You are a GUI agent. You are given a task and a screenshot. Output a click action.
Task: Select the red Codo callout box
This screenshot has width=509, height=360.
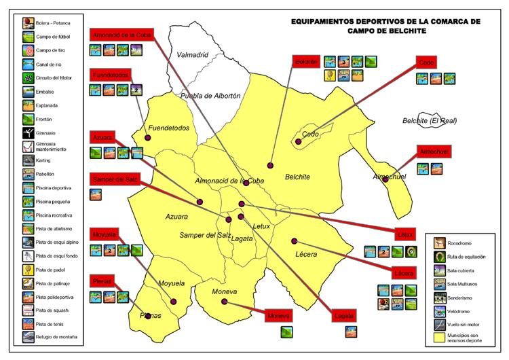(427, 62)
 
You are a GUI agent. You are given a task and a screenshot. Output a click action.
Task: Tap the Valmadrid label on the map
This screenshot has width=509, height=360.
(192, 54)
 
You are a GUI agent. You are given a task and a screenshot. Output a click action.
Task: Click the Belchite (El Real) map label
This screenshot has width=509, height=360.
(429, 121)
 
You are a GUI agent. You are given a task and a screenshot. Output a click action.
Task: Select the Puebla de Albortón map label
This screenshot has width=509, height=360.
(210, 96)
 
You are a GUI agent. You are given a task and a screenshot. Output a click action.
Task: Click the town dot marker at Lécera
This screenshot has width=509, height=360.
(295, 240)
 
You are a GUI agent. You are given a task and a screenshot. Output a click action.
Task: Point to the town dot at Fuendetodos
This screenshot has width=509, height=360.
(148, 137)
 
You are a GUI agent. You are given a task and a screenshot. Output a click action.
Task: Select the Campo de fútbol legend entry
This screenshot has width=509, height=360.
(49, 37)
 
